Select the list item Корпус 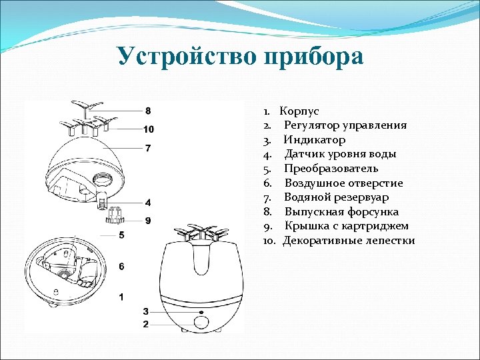click(x=299, y=111)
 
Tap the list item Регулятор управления click(x=345, y=125)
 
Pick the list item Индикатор click(x=314, y=140)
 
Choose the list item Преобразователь click(x=331, y=169)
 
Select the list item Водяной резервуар click(x=336, y=197)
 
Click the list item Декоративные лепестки click(x=349, y=241)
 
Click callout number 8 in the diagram click(x=148, y=110)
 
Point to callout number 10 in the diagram click(x=148, y=129)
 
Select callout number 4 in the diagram click(x=148, y=202)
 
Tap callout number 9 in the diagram click(x=148, y=220)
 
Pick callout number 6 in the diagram click(x=121, y=267)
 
